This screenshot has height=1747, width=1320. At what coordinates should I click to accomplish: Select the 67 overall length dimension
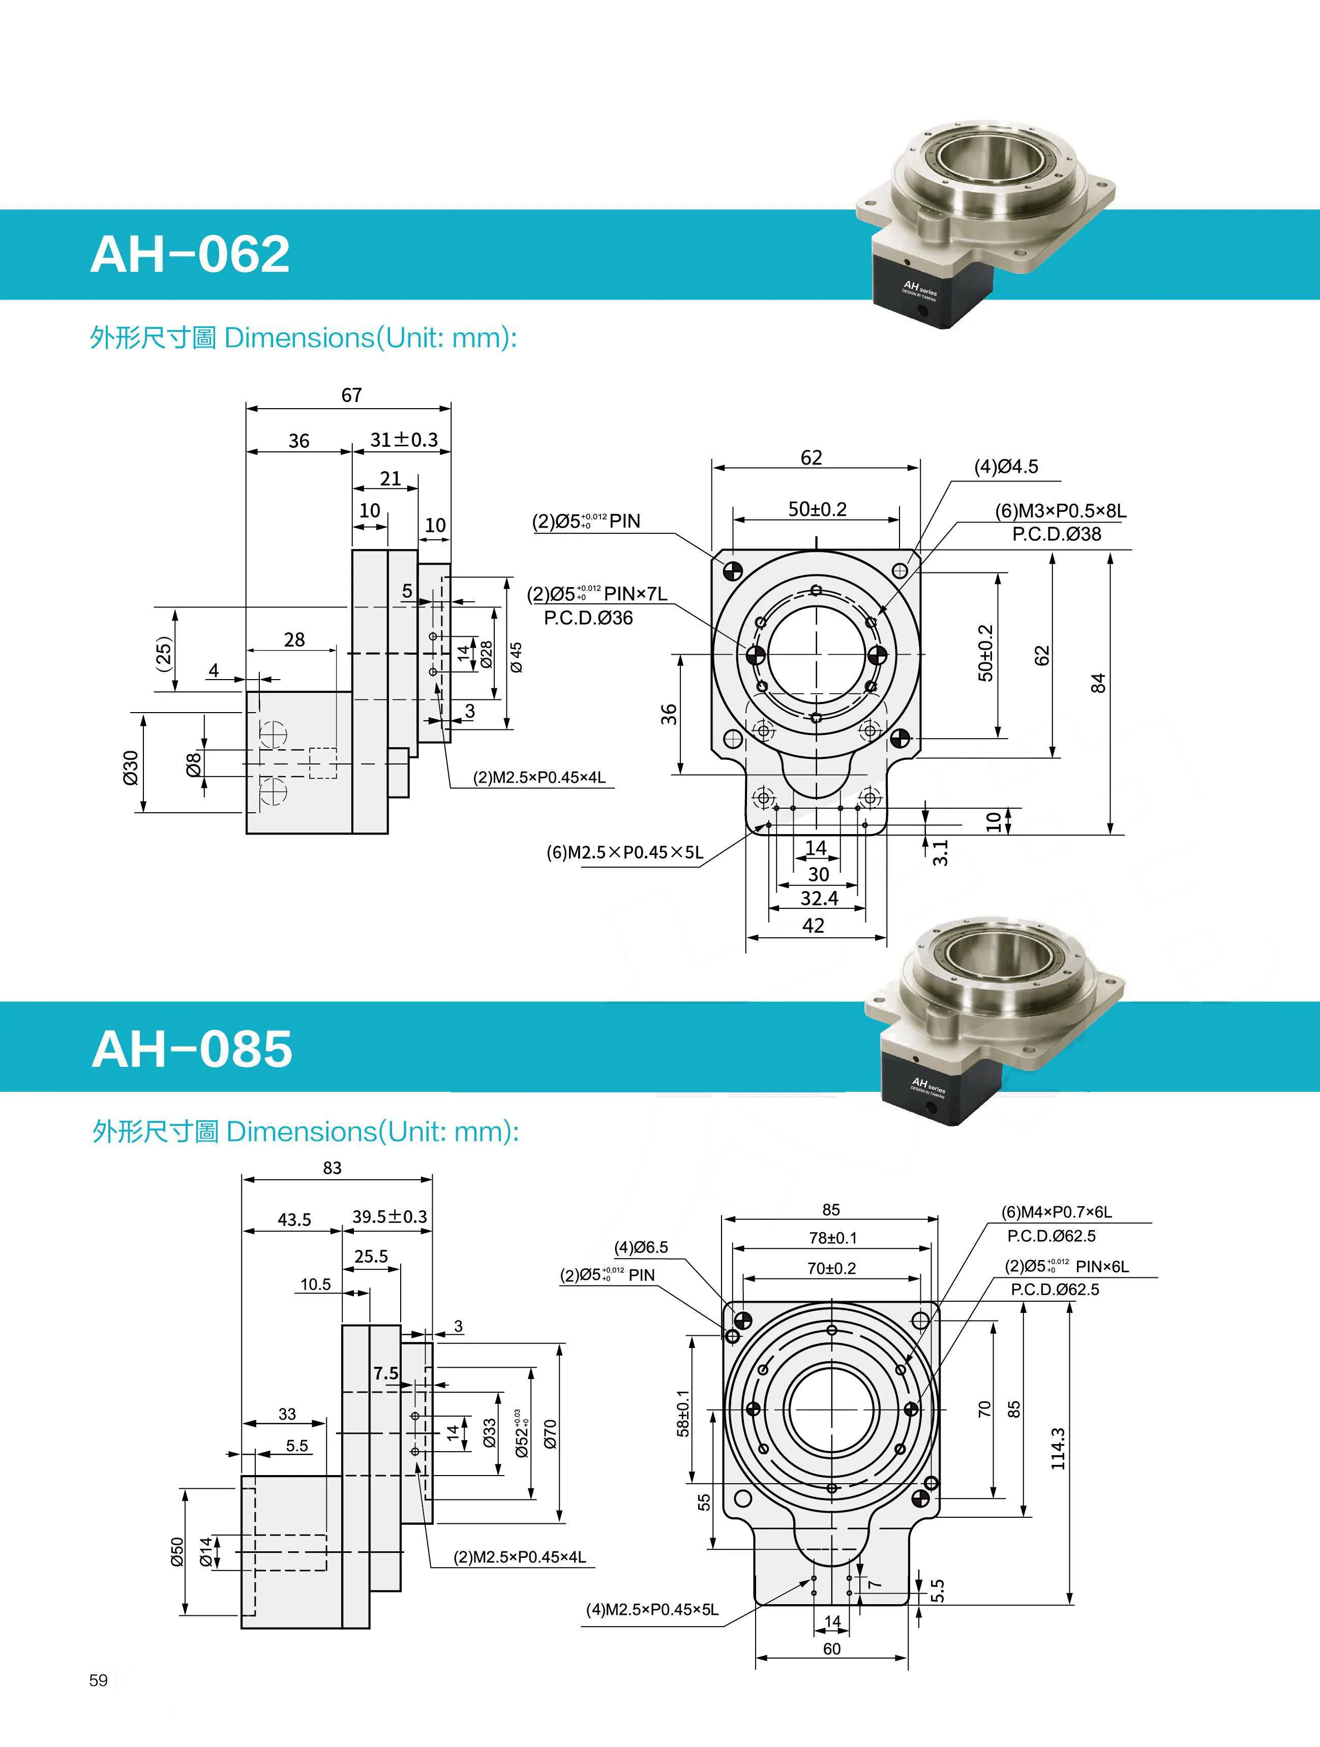click(x=351, y=395)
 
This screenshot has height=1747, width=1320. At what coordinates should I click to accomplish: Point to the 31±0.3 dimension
click(x=404, y=440)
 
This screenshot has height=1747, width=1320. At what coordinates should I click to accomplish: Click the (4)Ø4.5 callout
click(x=1006, y=467)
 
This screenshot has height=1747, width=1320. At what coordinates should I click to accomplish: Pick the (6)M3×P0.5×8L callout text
click(x=1060, y=511)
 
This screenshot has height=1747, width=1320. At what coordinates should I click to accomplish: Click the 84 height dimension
click(x=1098, y=683)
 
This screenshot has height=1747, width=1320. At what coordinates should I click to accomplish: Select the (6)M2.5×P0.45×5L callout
click(x=624, y=852)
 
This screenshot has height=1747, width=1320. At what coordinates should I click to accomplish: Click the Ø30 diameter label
click(x=131, y=767)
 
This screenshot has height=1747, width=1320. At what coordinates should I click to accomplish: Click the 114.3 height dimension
click(x=1058, y=1449)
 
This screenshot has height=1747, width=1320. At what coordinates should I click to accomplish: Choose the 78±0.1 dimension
click(x=832, y=1238)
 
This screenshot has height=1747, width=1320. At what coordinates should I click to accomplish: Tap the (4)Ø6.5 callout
click(x=641, y=1247)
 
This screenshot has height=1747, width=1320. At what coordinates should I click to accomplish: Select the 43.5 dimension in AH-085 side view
click(x=294, y=1219)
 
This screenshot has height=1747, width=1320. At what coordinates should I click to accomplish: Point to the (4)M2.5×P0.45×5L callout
click(x=652, y=1610)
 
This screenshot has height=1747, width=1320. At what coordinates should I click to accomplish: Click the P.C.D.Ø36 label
click(x=588, y=618)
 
